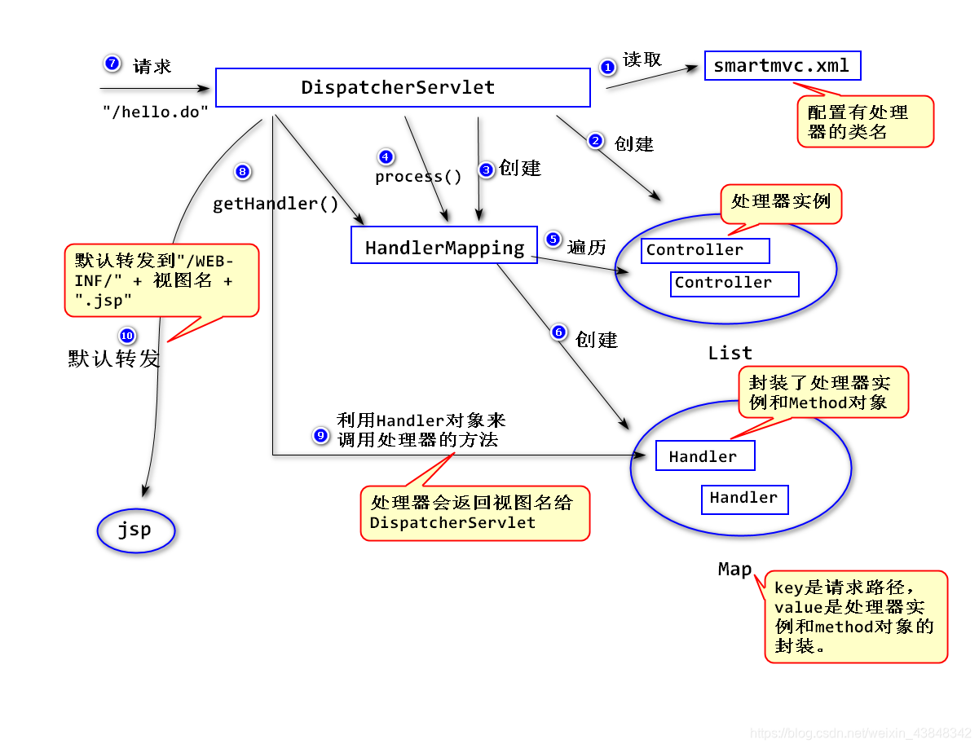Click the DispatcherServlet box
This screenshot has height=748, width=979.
[x=402, y=87]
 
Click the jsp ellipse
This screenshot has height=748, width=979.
[x=135, y=530]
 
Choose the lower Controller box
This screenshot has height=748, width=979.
[x=734, y=283]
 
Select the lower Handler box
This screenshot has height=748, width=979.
[x=743, y=499]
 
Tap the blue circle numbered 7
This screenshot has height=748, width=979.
[x=112, y=63]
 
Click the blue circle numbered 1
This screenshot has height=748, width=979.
[x=606, y=67]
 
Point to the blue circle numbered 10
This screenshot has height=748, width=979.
[x=126, y=335]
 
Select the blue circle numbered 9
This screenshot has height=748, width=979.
[x=320, y=434]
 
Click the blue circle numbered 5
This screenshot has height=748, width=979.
[x=552, y=239]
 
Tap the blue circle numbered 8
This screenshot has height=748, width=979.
[x=242, y=171]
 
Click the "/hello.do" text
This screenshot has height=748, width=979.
[x=155, y=112]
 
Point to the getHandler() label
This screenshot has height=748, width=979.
[x=275, y=203]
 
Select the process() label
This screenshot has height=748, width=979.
[x=417, y=177]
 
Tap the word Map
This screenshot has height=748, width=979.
[x=734, y=569]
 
